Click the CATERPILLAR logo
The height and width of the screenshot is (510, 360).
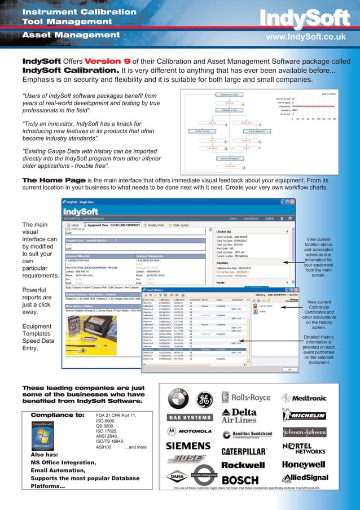coord(244,451)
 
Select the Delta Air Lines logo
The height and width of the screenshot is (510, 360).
coord(240,416)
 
